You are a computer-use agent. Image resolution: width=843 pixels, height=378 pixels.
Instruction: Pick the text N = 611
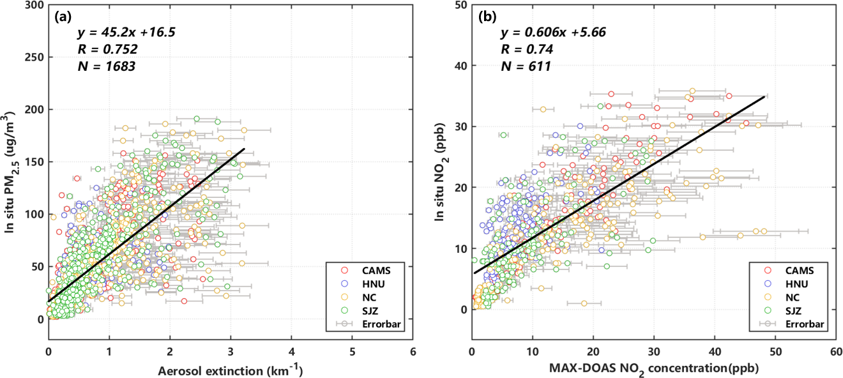(x=525, y=66)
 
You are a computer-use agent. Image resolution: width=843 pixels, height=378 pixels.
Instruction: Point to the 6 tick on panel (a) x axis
(x=413, y=351)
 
